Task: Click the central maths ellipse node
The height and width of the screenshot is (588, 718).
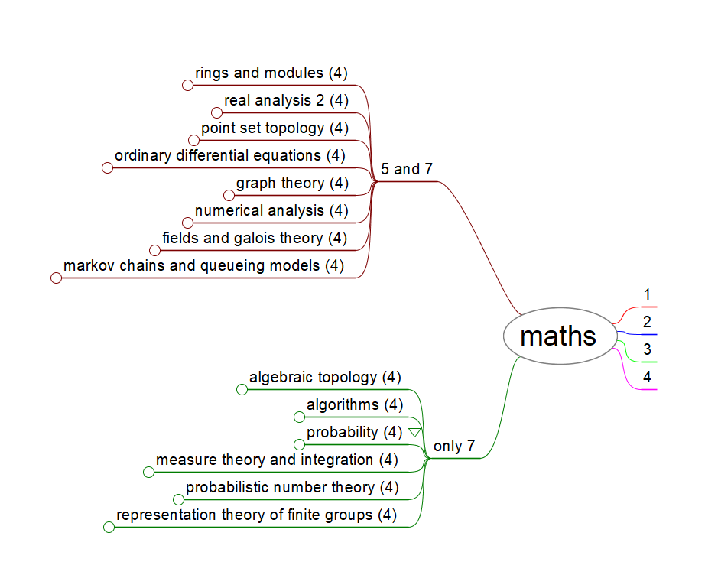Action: click(x=559, y=336)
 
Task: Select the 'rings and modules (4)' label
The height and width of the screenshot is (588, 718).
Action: click(x=271, y=73)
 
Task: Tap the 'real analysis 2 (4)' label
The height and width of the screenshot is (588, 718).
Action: click(x=286, y=100)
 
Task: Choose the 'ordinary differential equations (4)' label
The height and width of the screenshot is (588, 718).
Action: click(x=229, y=155)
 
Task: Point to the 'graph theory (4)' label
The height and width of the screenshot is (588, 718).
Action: click(x=292, y=183)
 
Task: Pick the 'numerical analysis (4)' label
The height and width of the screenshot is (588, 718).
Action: click(x=271, y=210)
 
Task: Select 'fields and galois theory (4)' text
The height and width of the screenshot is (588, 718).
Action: click(x=255, y=238)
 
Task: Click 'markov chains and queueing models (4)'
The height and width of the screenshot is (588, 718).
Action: click(x=203, y=265)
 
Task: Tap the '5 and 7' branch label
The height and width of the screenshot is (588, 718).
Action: click(x=406, y=169)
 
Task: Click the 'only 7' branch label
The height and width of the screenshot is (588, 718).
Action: click(x=454, y=446)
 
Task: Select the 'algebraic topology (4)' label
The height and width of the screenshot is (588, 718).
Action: click(x=325, y=377)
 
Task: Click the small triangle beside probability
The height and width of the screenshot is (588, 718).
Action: click(x=414, y=433)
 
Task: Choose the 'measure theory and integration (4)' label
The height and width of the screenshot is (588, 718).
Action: click(x=277, y=460)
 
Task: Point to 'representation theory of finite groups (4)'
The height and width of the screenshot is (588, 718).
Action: click(x=256, y=515)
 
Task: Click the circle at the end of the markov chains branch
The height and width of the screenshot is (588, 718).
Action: click(x=56, y=278)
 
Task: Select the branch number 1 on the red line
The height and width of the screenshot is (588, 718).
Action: click(x=647, y=294)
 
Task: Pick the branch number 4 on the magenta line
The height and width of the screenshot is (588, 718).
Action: click(x=647, y=377)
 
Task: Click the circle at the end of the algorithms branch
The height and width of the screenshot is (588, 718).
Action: click(x=300, y=417)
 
